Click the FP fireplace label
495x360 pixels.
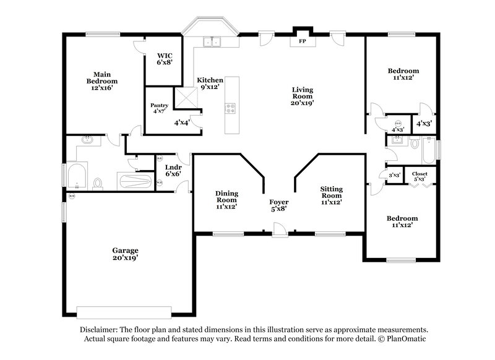303,41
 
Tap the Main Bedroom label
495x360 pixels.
102,81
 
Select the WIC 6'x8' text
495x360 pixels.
163,59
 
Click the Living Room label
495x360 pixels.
303,96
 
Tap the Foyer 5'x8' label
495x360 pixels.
278,206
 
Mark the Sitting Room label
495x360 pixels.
332,195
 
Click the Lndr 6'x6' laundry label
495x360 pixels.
173,171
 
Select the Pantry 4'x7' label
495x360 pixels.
159,109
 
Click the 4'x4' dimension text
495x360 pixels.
181,122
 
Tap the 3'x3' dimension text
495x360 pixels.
394,175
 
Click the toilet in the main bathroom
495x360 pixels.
98,183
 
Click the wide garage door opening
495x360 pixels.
124,311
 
